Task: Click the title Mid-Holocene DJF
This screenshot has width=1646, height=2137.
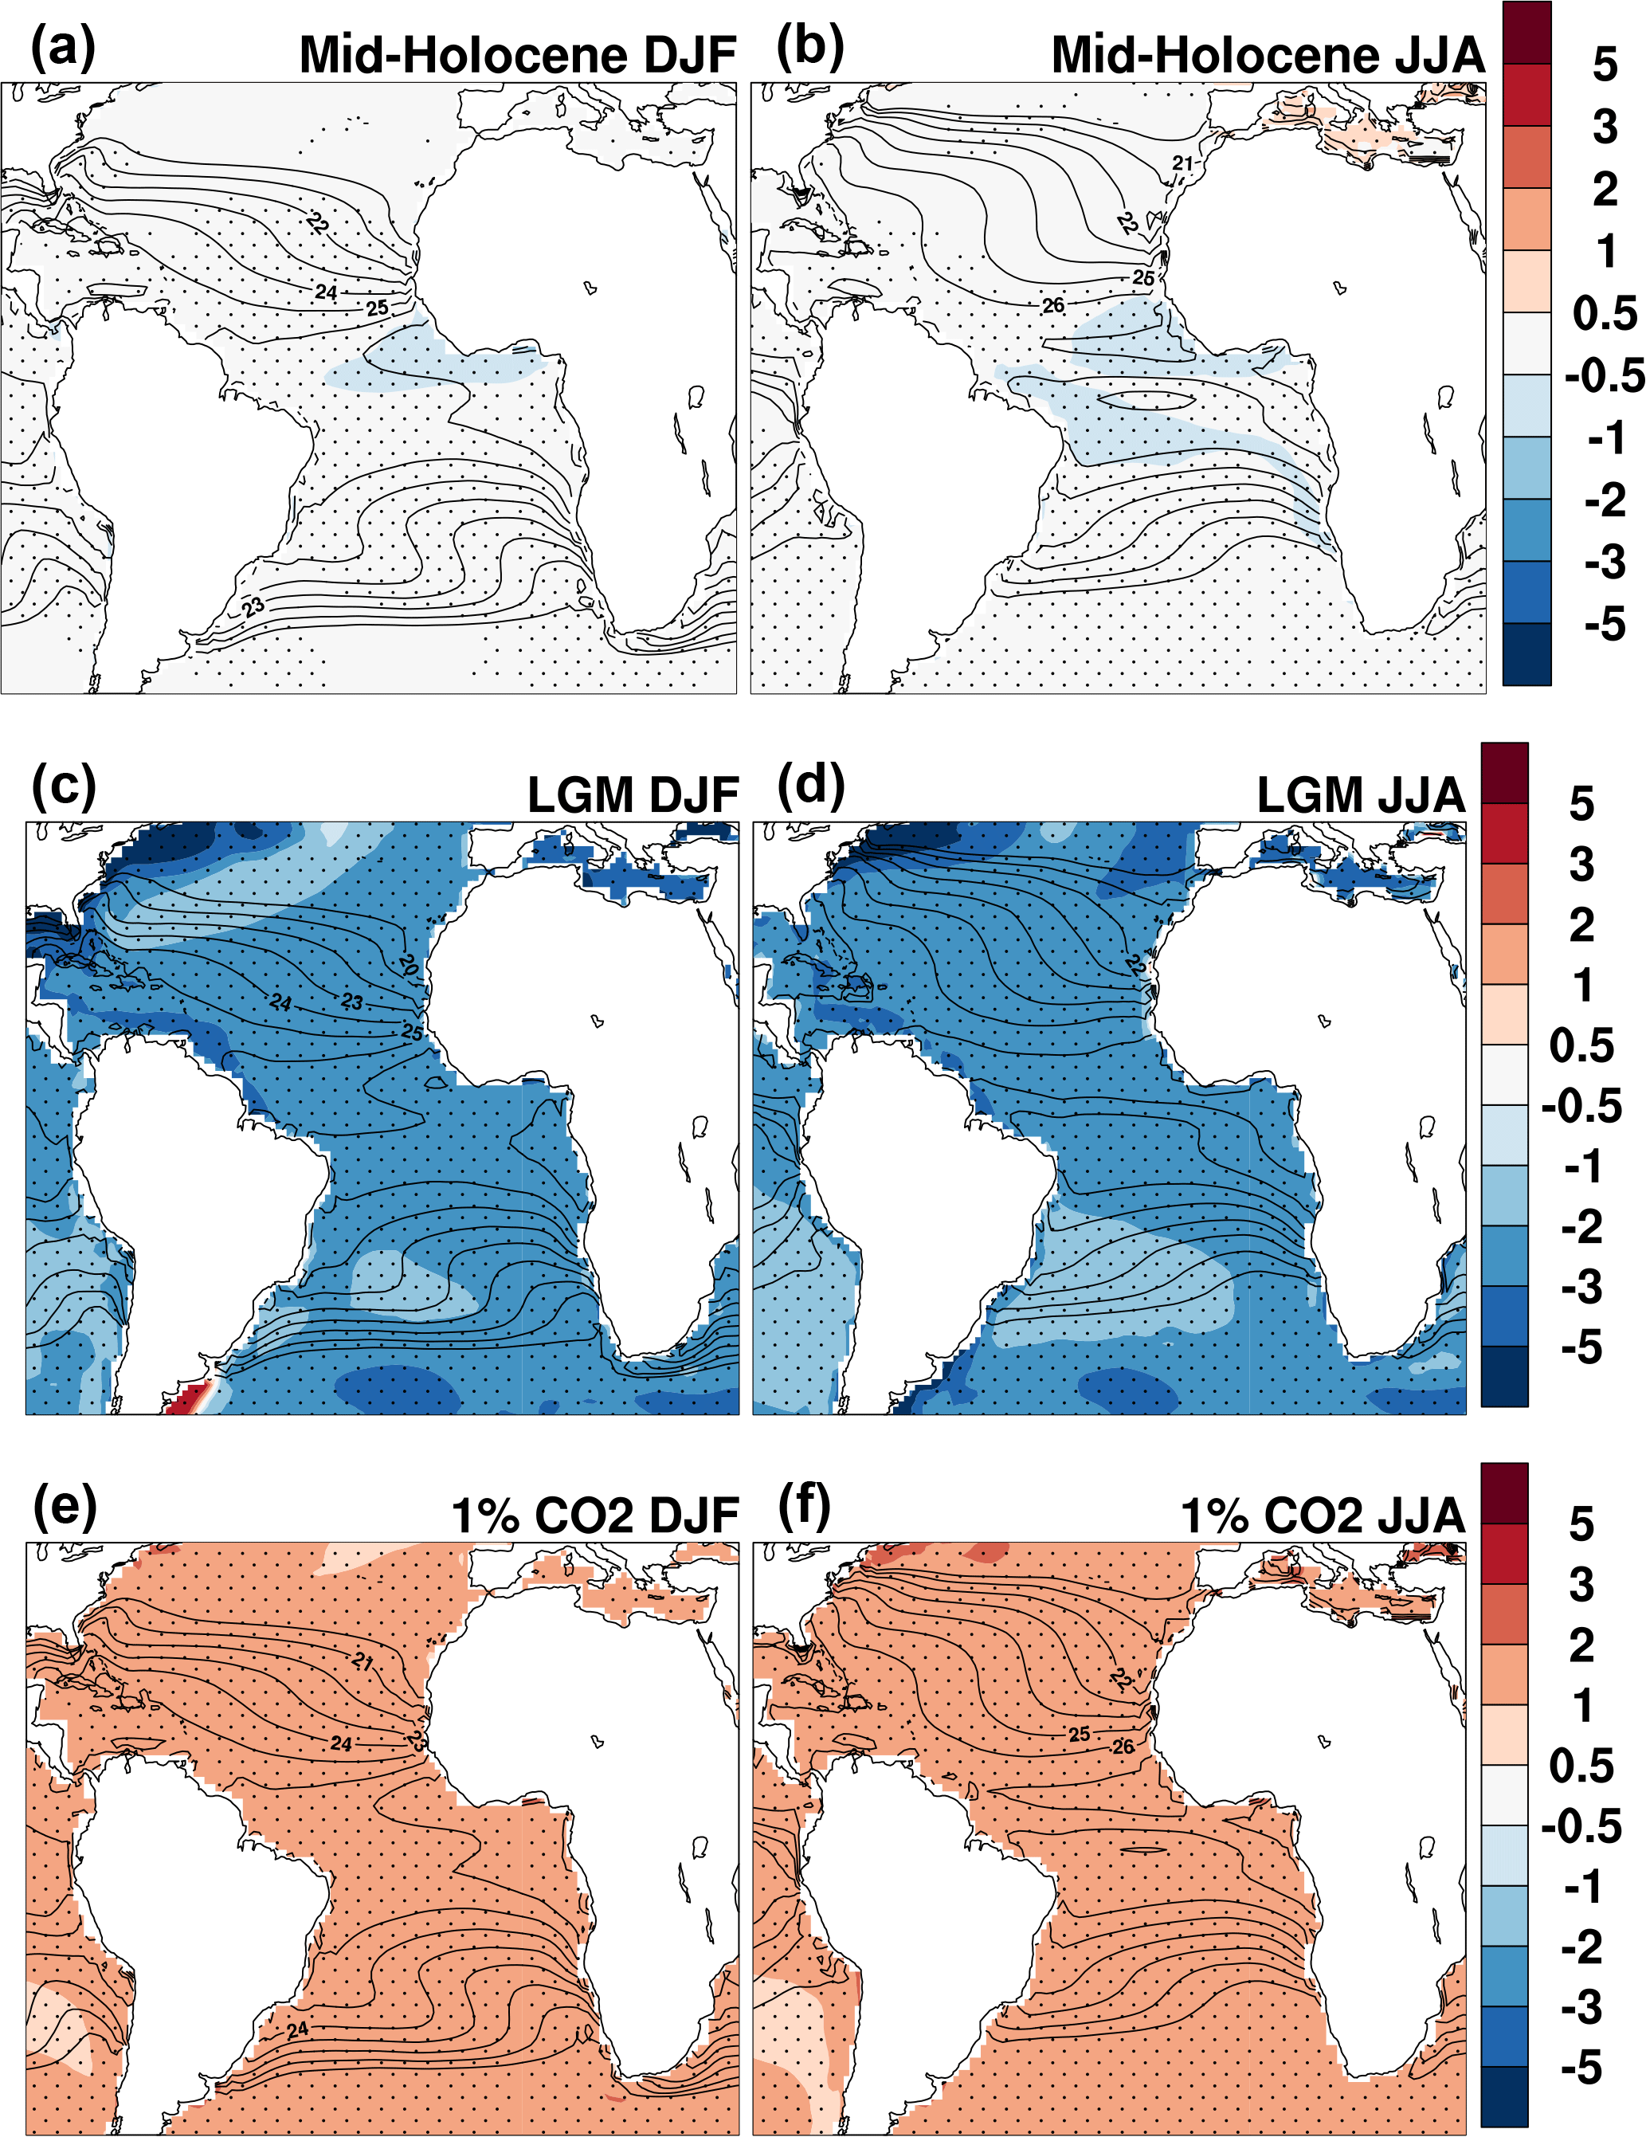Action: click(x=518, y=55)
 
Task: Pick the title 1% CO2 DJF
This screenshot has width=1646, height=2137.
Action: click(x=594, y=1516)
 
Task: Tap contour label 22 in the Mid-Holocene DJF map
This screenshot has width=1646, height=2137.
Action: click(x=317, y=223)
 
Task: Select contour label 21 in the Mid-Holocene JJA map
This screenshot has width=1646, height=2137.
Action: click(x=1183, y=163)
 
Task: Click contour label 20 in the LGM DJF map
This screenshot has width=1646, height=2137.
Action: click(x=409, y=966)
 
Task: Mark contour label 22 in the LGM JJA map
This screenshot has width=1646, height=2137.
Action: click(x=1136, y=965)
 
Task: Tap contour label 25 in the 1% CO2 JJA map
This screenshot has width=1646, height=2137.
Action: click(x=1080, y=1735)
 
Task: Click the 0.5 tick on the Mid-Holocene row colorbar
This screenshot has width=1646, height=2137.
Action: click(x=1605, y=313)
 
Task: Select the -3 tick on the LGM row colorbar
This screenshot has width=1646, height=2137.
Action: click(x=1581, y=1287)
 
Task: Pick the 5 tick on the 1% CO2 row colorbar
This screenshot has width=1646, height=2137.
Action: click(x=1581, y=1524)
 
